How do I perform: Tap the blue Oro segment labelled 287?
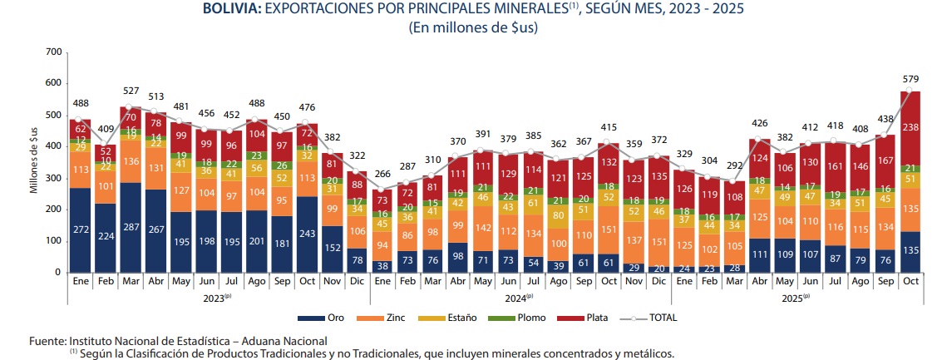[131, 227]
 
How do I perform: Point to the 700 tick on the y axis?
[55, 52]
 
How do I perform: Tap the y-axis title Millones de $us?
[34, 163]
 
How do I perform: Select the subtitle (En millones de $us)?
[470, 27]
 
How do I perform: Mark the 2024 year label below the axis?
[518, 296]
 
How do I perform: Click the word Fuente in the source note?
[47, 341]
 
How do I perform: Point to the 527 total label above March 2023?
[131, 91]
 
